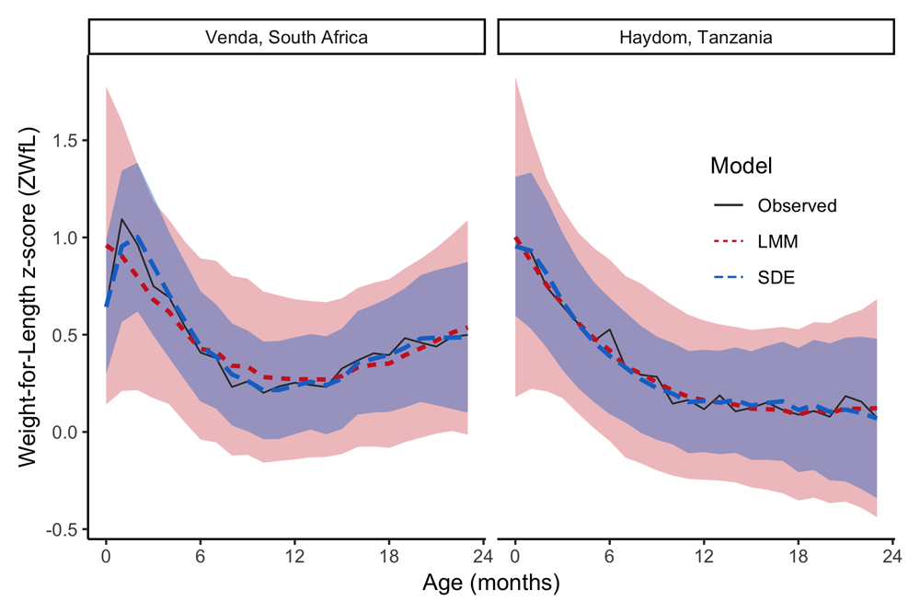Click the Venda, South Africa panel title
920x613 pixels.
286,38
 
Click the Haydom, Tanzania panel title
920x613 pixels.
695,38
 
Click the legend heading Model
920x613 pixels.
740,167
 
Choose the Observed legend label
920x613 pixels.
797,206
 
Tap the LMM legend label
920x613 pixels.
777,242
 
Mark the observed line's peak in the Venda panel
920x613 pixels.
121,219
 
